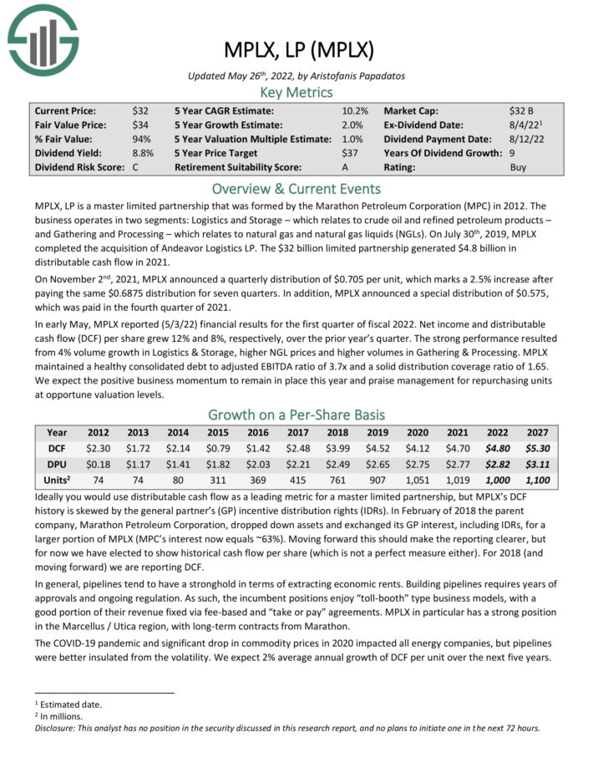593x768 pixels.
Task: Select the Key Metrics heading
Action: pyautogui.click(x=296, y=92)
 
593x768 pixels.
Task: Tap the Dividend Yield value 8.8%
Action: pyautogui.click(x=142, y=153)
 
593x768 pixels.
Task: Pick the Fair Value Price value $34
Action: pyautogui.click(x=140, y=125)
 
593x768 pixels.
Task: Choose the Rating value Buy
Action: pyautogui.click(x=519, y=167)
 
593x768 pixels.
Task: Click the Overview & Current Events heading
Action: pyautogui.click(x=296, y=188)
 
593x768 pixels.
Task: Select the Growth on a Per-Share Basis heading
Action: pyautogui.click(x=296, y=414)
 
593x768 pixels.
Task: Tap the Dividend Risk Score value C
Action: pyautogui.click(x=135, y=167)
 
